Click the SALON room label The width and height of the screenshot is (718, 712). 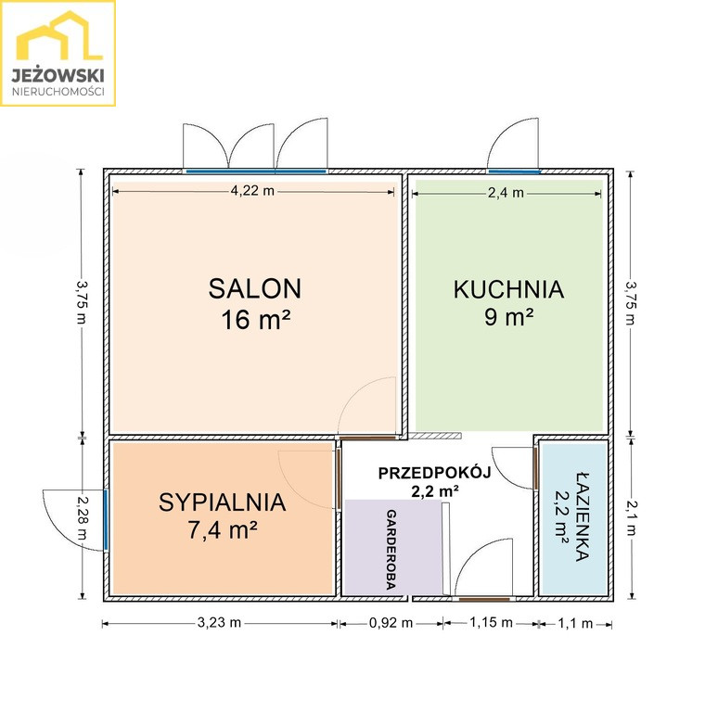[255, 288]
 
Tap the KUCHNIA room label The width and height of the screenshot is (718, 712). [508, 289]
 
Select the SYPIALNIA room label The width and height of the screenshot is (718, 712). [223, 502]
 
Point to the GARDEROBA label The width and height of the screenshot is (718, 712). [391, 550]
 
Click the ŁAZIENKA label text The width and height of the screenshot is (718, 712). [582, 516]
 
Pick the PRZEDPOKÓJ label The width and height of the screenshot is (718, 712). [434, 473]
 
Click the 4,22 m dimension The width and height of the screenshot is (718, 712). [252, 191]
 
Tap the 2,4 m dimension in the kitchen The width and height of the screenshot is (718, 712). [506, 193]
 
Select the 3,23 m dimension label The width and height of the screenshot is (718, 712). [219, 623]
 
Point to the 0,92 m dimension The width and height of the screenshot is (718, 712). [391, 623]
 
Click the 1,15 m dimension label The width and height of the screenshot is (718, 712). [492, 622]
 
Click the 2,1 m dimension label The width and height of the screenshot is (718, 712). [631, 518]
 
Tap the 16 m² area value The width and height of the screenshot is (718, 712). [256, 319]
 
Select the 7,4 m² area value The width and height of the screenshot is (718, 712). [223, 530]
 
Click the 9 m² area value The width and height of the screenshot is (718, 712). [509, 316]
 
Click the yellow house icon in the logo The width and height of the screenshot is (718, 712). [59, 36]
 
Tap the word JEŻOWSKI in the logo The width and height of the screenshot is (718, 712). [58, 75]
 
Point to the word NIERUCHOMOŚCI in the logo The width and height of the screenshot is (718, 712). [58, 92]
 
